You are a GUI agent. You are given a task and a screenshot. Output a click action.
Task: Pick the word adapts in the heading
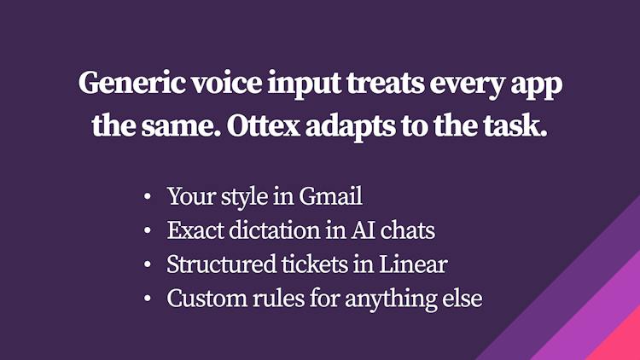click(x=351, y=127)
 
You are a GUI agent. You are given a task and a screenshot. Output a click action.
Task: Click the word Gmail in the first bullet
click(x=330, y=196)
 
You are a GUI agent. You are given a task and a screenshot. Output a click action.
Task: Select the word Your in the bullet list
click(x=191, y=196)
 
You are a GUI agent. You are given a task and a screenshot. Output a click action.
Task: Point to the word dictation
click(x=274, y=230)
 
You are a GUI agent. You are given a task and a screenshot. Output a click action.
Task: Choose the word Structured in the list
click(x=221, y=264)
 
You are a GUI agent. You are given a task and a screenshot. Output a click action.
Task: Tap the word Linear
click(x=413, y=264)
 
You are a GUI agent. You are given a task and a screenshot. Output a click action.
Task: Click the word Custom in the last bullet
click(x=207, y=299)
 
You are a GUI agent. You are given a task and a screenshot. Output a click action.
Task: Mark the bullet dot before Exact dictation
click(x=148, y=230)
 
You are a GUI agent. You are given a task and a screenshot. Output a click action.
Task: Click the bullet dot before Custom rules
click(x=148, y=299)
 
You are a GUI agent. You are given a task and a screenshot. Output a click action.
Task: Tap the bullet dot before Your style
click(x=148, y=197)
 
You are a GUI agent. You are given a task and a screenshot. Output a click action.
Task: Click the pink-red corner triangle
click(x=621, y=342)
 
